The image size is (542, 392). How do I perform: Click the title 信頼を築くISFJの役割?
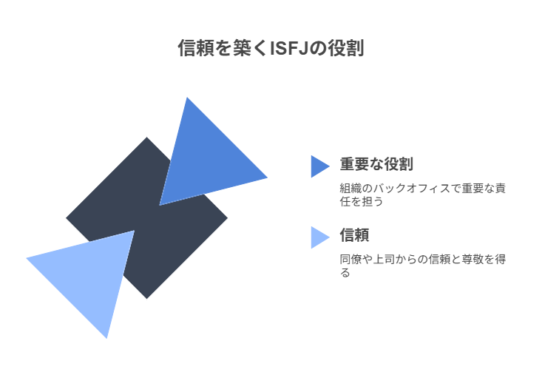(271, 47)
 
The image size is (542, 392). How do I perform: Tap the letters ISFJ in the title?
(289, 48)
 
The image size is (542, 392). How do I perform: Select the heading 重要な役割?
(376, 164)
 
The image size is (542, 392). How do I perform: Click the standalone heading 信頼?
(354, 234)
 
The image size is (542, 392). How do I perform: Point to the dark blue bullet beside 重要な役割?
(319, 166)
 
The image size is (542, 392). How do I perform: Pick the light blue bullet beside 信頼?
(319, 237)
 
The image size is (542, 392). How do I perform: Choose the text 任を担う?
(362, 201)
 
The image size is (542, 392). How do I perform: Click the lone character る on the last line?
(345, 273)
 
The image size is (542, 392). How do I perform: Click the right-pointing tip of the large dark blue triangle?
(268, 178)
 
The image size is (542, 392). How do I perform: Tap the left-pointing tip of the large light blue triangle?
(27, 258)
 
